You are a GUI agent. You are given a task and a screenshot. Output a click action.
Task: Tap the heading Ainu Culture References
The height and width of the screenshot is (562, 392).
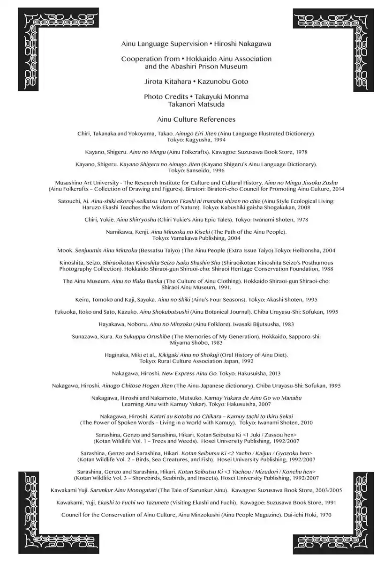tap(196, 119)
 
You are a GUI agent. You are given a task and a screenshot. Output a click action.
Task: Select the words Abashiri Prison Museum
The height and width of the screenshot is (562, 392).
tap(202, 67)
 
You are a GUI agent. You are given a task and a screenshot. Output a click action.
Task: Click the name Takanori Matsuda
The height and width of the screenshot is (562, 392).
tap(196, 104)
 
